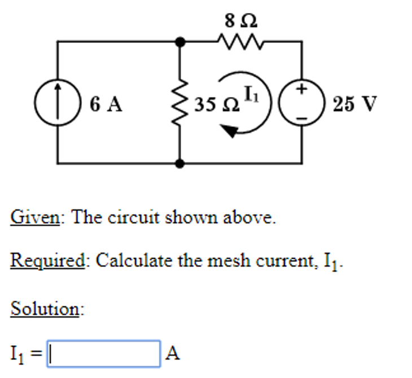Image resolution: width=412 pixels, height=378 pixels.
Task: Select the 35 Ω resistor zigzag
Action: coord(181,104)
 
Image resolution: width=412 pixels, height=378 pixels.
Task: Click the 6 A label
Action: coord(106,104)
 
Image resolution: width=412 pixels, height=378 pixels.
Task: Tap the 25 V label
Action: coord(354,104)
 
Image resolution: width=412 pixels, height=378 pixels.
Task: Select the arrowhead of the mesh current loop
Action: coord(230,131)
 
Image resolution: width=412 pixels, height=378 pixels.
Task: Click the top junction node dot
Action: coord(181,42)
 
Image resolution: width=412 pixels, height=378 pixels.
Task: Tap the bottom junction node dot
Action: coord(181,164)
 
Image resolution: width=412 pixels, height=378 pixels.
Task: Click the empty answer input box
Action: coord(104,353)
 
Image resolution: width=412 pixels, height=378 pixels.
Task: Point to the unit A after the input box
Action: coord(173,353)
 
